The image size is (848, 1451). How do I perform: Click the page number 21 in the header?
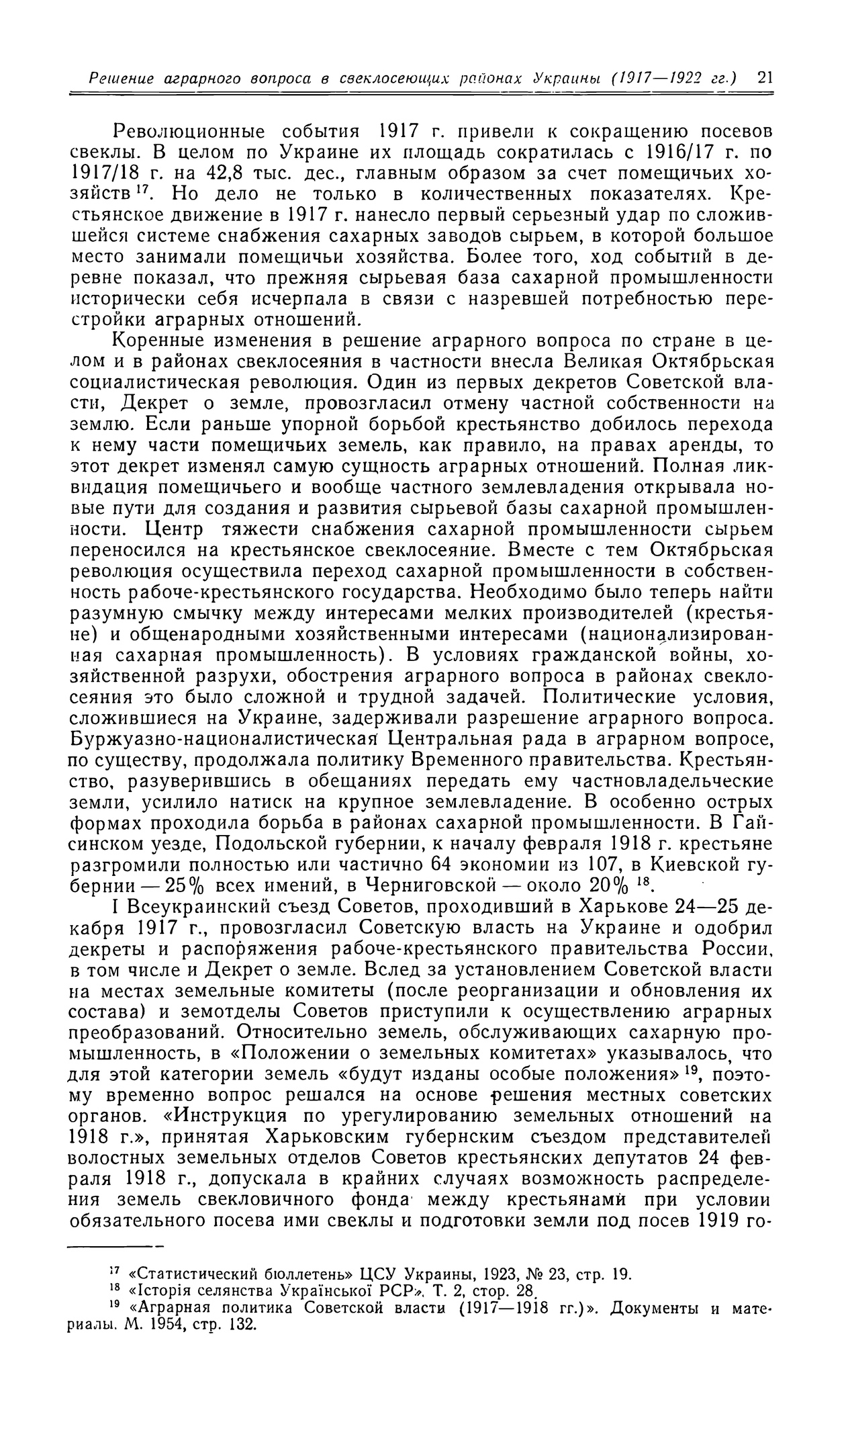(765, 78)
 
